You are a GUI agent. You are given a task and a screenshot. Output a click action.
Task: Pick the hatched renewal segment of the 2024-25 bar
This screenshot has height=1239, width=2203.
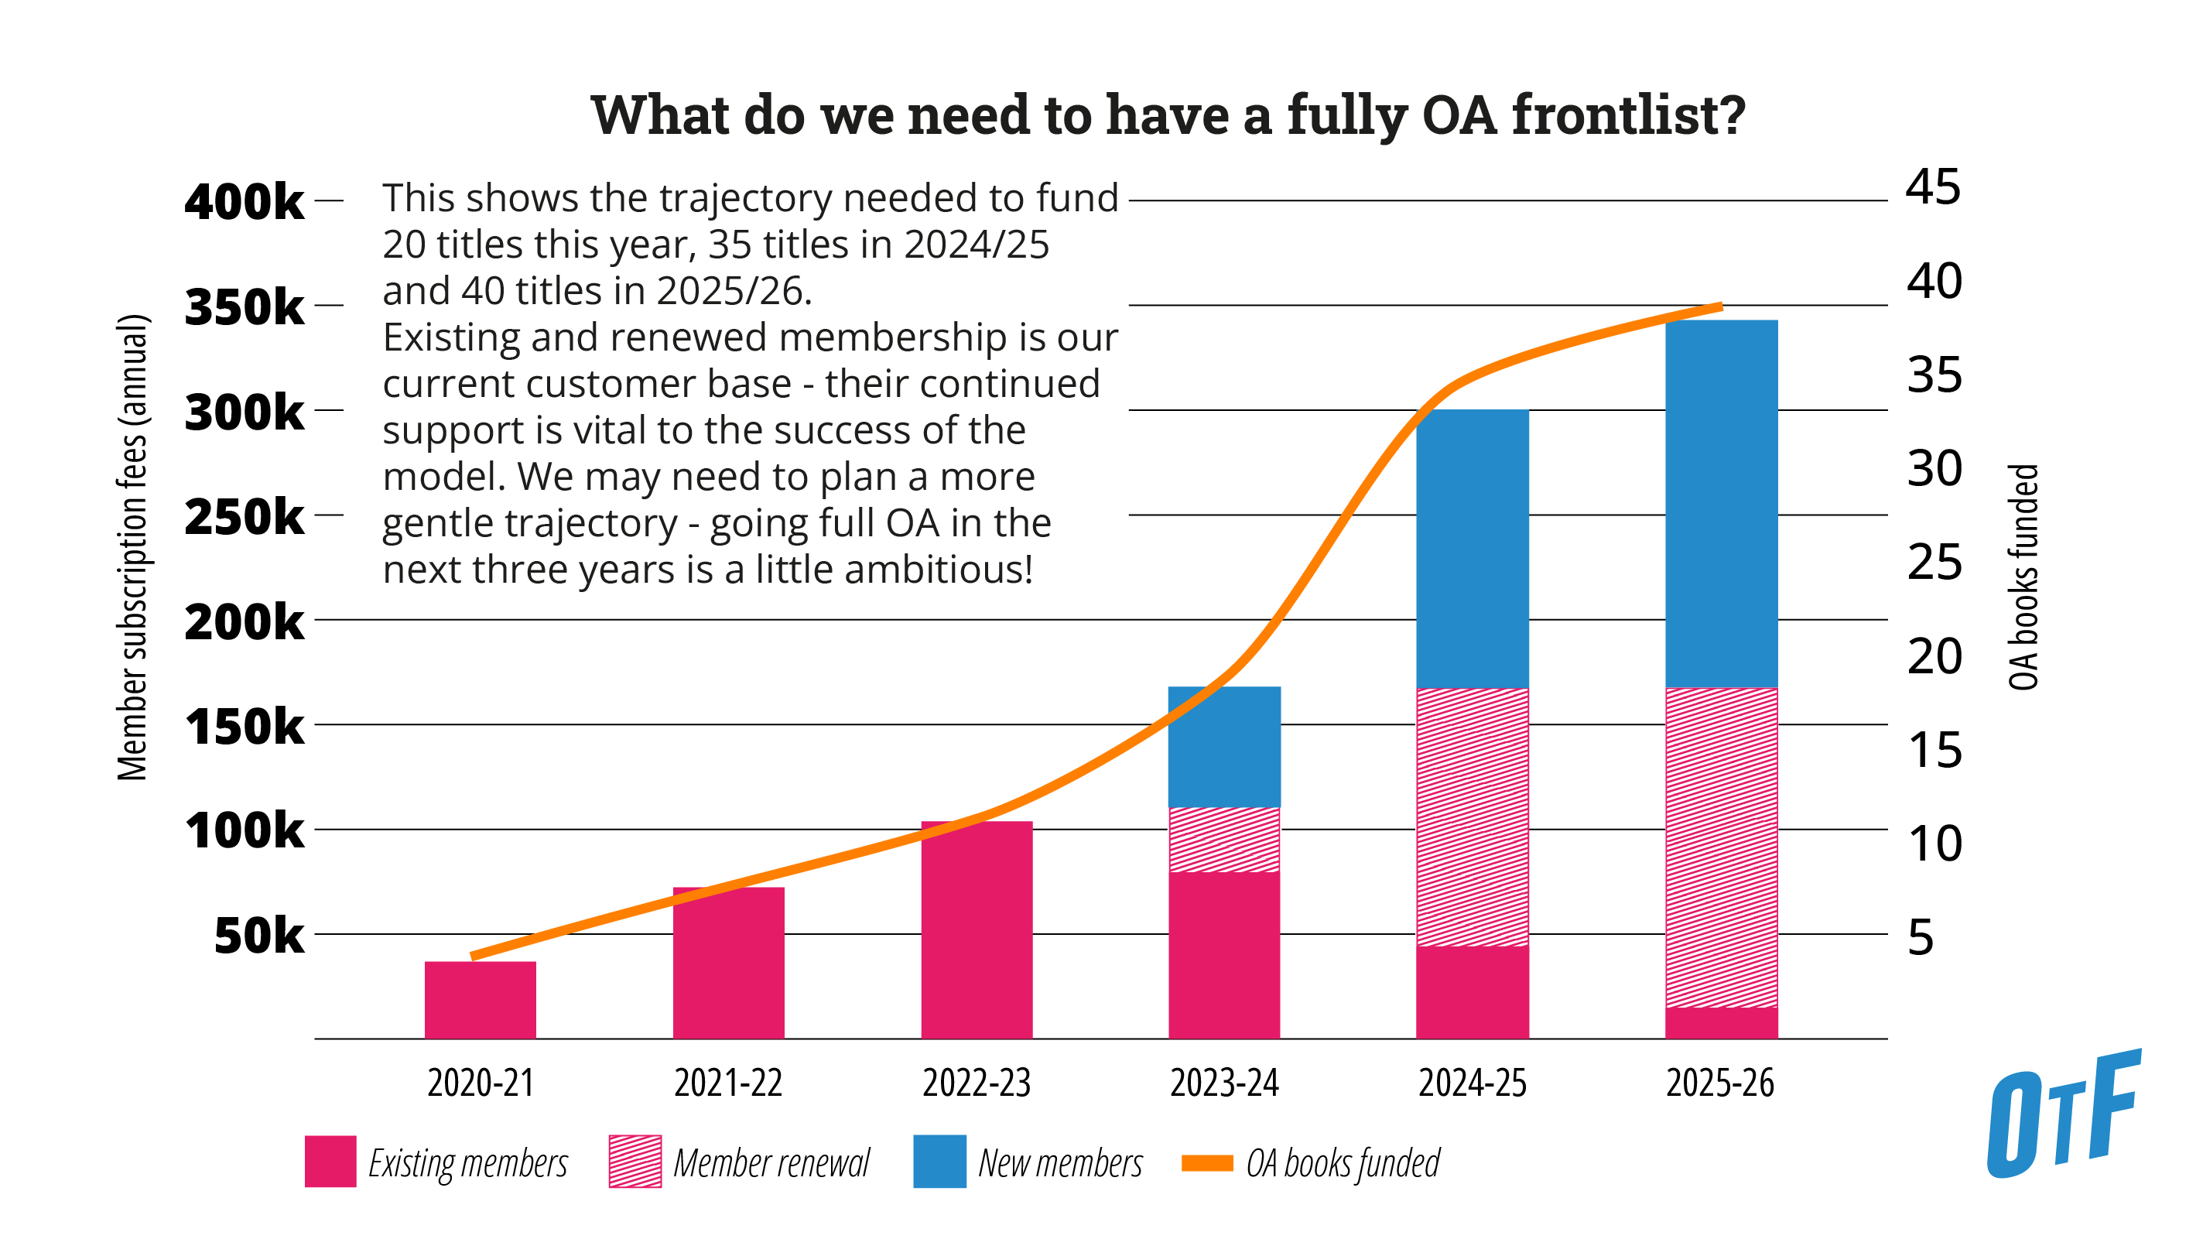tap(1472, 816)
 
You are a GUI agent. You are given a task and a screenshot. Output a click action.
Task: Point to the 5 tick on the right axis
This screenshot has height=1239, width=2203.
tap(1920, 937)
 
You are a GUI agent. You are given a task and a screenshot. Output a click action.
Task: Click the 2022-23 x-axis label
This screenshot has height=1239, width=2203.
tap(976, 1083)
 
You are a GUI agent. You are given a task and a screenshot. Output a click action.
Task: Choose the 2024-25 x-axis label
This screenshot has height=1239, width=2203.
tap(1472, 1083)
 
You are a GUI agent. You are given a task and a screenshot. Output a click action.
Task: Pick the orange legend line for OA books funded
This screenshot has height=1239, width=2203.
tap(1206, 1162)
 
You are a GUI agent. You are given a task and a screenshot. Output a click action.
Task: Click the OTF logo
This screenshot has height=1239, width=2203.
tap(2063, 1114)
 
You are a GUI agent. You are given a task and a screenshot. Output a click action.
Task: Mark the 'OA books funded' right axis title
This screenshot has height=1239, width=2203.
tap(2023, 577)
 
